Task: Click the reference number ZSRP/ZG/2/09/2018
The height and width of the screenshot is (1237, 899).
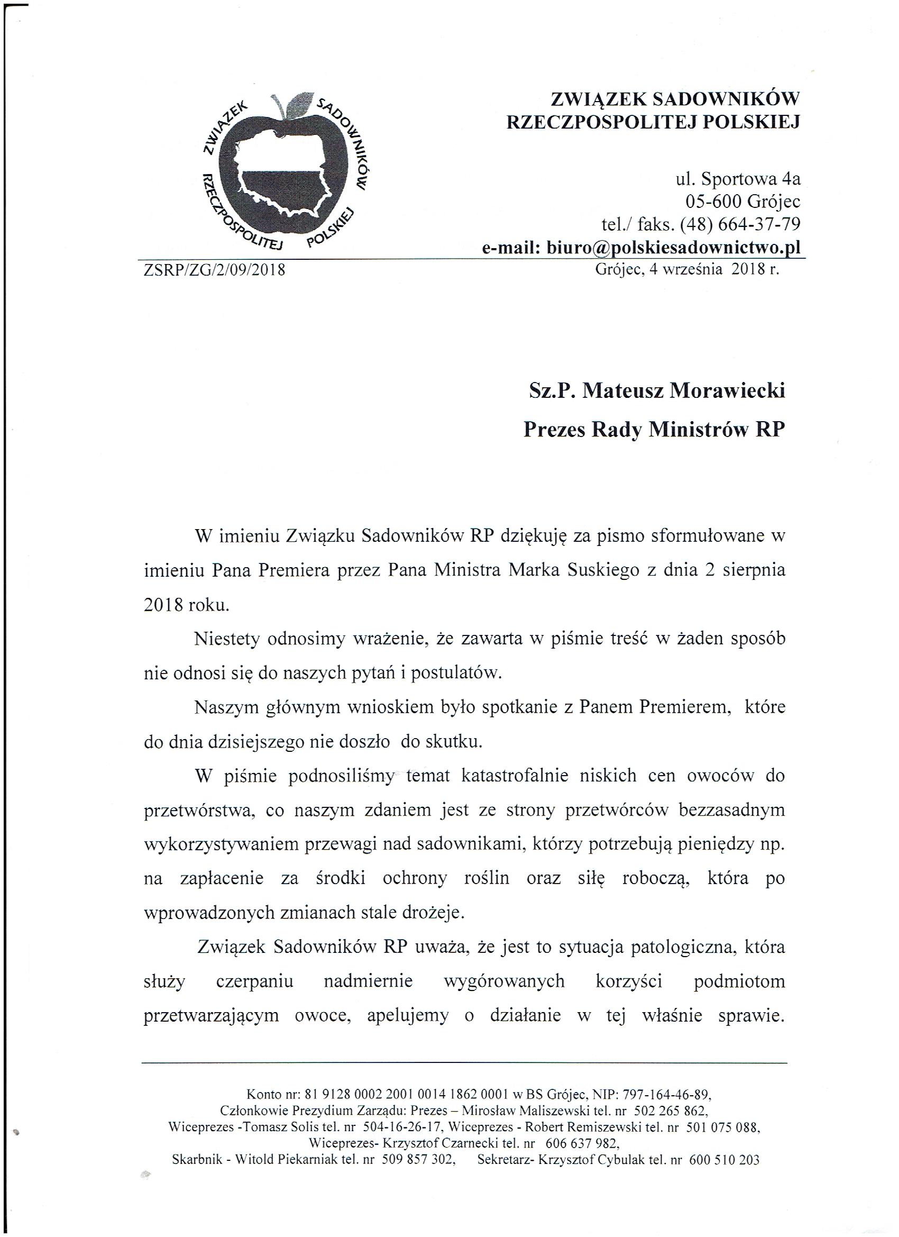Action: click(x=214, y=270)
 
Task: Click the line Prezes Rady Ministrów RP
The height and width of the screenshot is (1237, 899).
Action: click(x=654, y=430)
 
